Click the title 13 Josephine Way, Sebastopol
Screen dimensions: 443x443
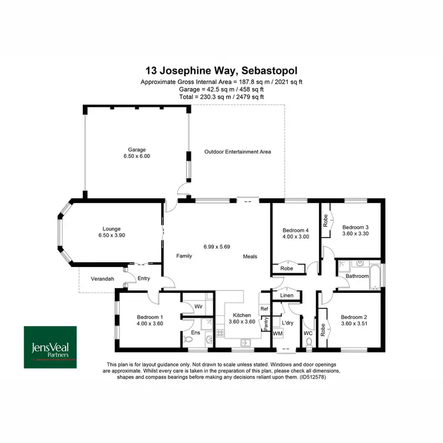(x=221, y=71)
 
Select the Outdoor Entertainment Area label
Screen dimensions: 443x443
(x=237, y=152)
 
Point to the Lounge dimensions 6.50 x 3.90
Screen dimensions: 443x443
(x=112, y=235)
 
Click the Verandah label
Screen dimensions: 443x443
(x=102, y=279)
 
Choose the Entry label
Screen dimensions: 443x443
(x=144, y=279)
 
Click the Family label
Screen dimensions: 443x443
(x=184, y=256)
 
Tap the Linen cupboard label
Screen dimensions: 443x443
(x=286, y=295)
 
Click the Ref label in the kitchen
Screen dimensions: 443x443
(x=264, y=309)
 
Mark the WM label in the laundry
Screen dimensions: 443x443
(x=277, y=334)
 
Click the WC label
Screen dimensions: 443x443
(x=307, y=334)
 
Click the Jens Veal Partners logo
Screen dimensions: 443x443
(x=50, y=347)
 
